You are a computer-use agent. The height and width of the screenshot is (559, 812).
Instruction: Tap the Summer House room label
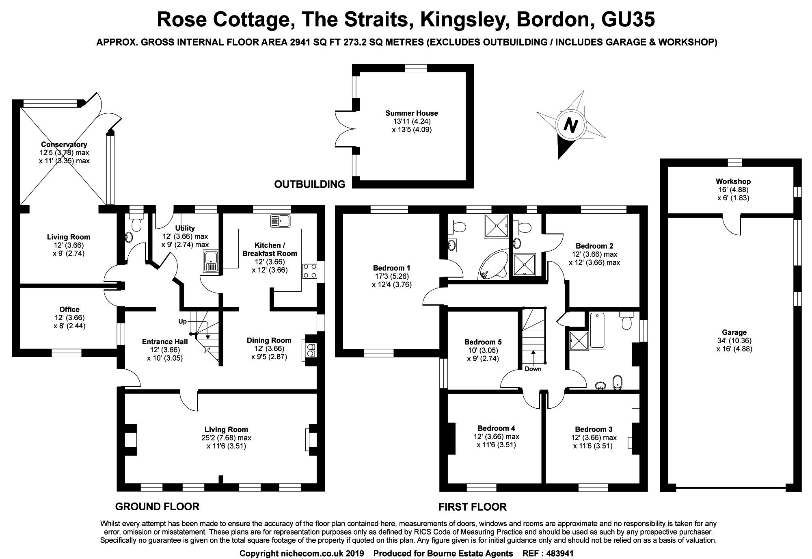click(x=411, y=113)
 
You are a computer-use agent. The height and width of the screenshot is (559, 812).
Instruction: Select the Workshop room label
click(x=733, y=181)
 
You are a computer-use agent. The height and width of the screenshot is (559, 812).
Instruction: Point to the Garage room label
click(x=734, y=332)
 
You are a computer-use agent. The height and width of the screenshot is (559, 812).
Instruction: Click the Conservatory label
click(x=64, y=144)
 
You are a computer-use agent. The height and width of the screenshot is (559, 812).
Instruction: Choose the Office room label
click(x=69, y=310)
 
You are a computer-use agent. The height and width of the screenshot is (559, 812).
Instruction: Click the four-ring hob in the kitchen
click(x=310, y=271)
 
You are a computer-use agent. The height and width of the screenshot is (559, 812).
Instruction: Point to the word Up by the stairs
click(x=182, y=321)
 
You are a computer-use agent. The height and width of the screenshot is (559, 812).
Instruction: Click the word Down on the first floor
click(x=533, y=369)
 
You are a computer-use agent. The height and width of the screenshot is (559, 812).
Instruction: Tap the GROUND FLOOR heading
click(x=157, y=507)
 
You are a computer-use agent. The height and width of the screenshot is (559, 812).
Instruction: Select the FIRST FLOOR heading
click(x=472, y=507)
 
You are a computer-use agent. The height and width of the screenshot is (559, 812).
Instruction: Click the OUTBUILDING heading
click(x=309, y=184)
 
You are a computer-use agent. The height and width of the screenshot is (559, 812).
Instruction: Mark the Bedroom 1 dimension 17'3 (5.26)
click(x=391, y=276)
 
